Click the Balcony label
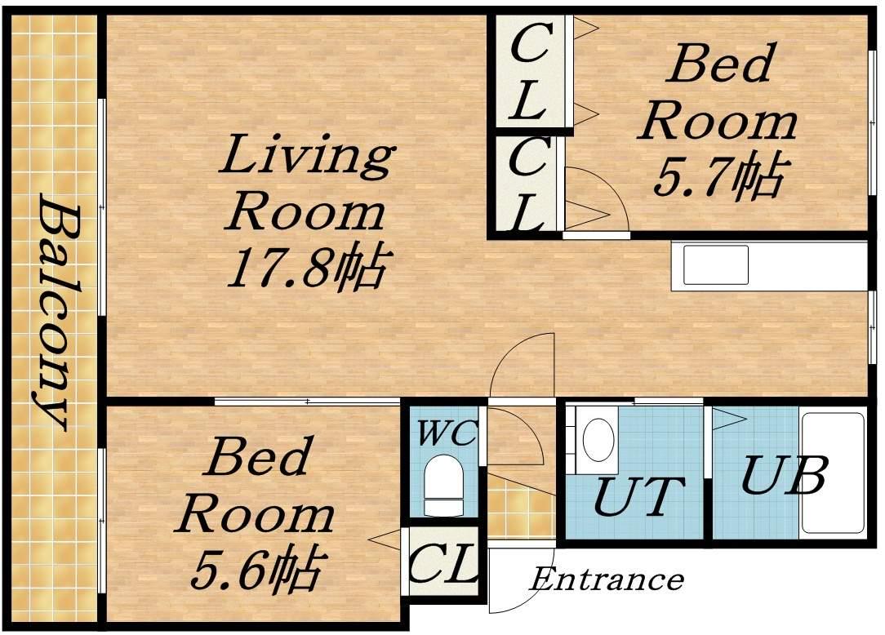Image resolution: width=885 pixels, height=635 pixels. pyautogui.click(x=55, y=312)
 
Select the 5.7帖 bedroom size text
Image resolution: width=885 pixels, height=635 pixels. pyautogui.click(x=718, y=177)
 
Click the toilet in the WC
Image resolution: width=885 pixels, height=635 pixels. pyautogui.click(x=443, y=486)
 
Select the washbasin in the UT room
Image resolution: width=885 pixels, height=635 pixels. pyautogui.click(x=598, y=440)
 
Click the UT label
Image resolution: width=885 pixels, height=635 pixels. pyautogui.click(x=638, y=497)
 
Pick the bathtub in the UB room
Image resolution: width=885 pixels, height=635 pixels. pyautogui.click(x=833, y=473)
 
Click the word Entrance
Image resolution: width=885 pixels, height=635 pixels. pyautogui.click(x=607, y=579)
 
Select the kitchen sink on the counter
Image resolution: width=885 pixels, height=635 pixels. pyautogui.click(x=716, y=264)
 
